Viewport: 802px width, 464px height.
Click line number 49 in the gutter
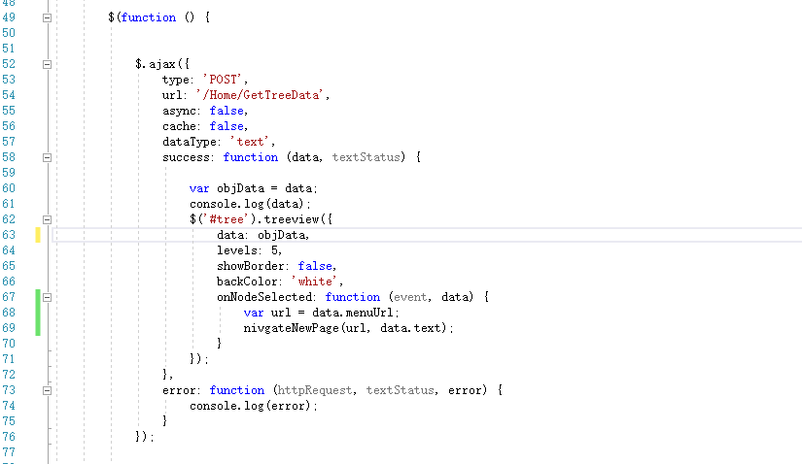coord(9,17)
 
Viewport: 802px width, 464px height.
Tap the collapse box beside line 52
coord(47,64)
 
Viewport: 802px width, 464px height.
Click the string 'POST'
coord(224,80)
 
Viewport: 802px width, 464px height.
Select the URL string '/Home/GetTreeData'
coord(261,95)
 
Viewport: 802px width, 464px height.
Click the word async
coord(179,111)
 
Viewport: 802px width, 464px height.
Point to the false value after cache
coord(227,126)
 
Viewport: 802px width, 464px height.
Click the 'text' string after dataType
coord(251,142)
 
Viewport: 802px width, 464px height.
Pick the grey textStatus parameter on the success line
coord(366,157)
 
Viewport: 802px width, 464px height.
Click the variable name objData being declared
coord(240,188)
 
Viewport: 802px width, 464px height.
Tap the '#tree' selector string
coord(227,219)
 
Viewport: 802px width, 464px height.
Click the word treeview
coord(292,219)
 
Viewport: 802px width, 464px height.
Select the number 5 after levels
coord(275,250)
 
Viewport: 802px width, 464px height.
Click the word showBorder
coord(251,266)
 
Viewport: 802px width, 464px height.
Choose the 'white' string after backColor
coord(315,282)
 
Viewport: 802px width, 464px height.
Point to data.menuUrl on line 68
coord(353,313)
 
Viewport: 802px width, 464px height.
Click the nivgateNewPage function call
coord(291,328)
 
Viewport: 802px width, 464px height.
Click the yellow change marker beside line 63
coord(38,235)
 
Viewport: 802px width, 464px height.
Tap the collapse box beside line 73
coord(47,390)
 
